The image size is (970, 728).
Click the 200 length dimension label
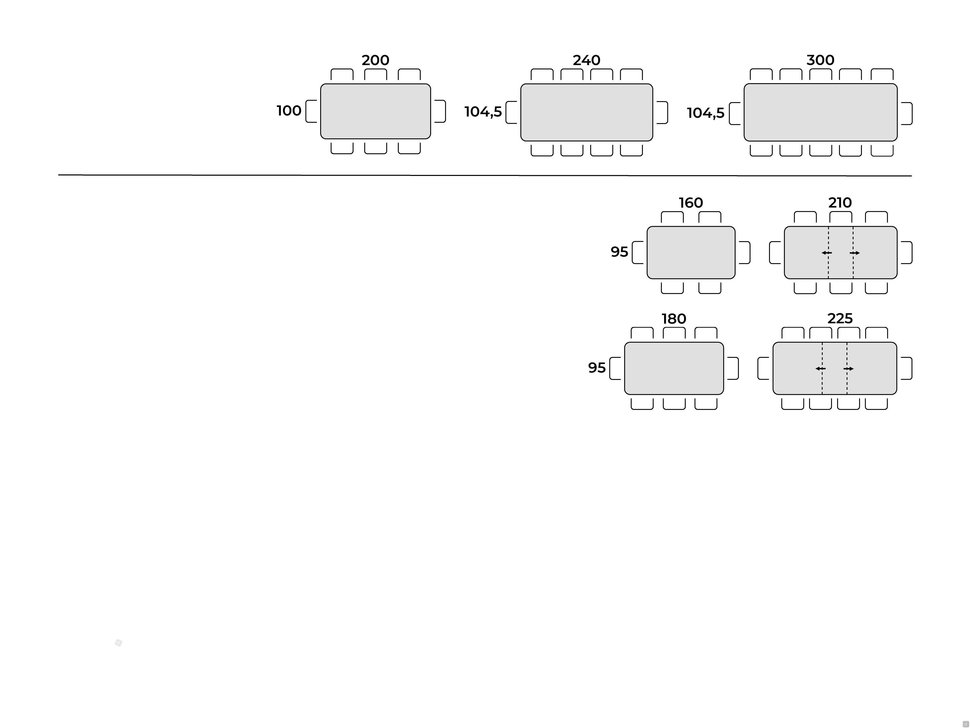point(375,60)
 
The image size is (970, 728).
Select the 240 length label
point(586,60)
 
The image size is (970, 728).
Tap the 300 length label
point(820,60)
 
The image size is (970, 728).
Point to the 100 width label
point(289,110)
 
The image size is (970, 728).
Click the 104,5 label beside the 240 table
point(483,112)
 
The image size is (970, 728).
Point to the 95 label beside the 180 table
point(597,368)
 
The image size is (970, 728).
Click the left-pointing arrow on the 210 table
point(827,253)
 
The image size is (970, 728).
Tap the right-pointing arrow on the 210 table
point(855,253)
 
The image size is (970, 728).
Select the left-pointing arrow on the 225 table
point(820,369)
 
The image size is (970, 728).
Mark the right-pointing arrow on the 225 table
point(848,369)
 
